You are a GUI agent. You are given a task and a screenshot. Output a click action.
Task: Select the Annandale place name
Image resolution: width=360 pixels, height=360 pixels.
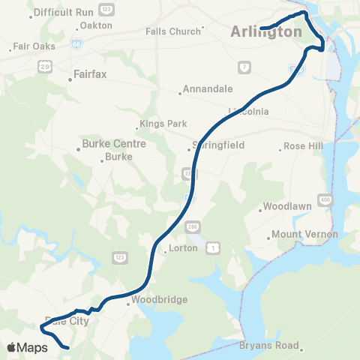coord(207,88)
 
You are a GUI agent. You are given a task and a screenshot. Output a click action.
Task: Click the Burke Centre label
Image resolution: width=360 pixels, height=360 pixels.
coord(113,143)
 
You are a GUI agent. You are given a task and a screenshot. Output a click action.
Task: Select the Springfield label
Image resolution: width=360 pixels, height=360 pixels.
coord(218,145)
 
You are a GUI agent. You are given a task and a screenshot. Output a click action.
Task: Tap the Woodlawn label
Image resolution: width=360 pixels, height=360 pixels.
coord(286,206)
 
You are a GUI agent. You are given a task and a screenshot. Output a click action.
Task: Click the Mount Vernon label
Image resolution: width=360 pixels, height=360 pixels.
coord(304,234)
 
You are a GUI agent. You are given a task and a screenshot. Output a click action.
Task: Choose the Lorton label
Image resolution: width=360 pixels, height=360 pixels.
coord(183,247)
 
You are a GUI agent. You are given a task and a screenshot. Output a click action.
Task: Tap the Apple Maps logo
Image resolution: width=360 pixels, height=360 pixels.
coord(27,347)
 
